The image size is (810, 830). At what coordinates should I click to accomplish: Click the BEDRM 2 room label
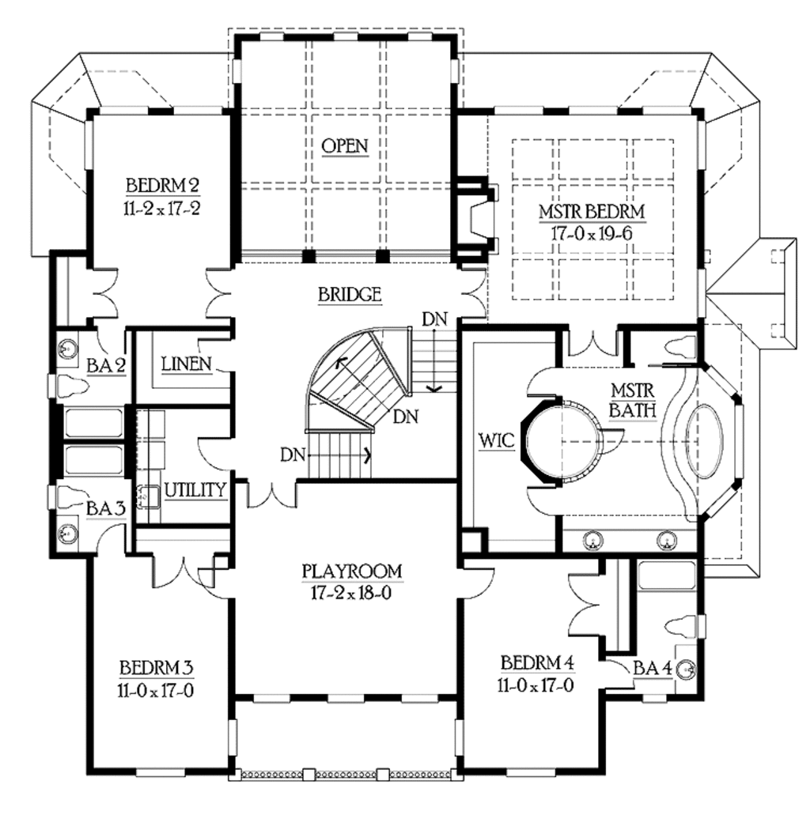(162, 186)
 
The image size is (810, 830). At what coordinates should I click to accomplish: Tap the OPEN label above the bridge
(345, 145)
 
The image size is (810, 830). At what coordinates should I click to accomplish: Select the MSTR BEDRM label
(592, 212)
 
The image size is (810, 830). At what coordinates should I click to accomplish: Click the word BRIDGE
(350, 295)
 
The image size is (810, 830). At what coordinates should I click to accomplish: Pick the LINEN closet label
(186, 364)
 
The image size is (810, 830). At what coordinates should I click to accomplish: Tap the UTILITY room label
(195, 490)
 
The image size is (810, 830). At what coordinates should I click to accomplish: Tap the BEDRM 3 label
(157, 666)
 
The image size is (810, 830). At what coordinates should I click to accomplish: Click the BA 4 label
(653, 669)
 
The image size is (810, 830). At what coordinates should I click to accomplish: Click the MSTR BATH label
(630, 399)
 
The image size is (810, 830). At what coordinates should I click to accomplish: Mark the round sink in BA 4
(687, 669)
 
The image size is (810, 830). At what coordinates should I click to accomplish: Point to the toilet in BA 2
(75, 386)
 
